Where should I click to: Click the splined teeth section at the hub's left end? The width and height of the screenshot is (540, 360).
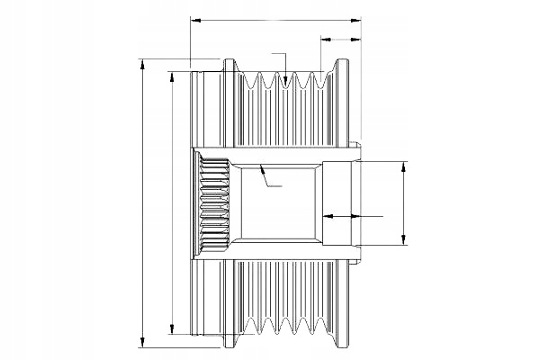(212, 203)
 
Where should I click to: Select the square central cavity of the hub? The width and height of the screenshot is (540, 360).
(274, 202)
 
